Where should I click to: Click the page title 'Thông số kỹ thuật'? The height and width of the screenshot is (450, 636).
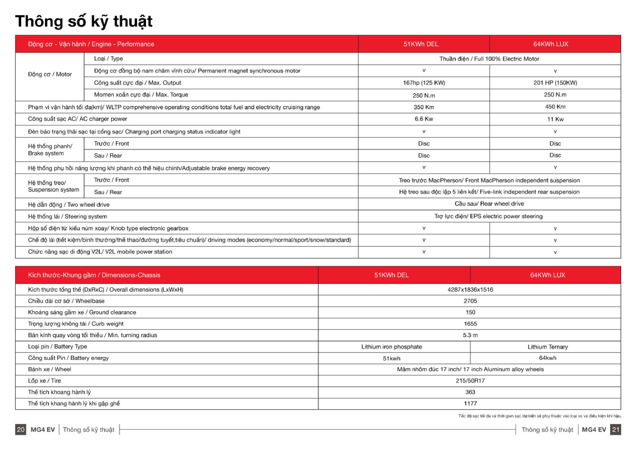84,21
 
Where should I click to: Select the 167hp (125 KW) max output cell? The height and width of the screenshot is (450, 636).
424,83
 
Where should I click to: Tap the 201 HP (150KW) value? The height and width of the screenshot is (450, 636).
555,83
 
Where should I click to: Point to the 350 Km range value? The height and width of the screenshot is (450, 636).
424,107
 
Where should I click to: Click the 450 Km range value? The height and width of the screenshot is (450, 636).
555,107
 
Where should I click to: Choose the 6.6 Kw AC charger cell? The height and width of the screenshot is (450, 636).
424,119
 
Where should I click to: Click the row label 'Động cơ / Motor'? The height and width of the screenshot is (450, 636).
50,74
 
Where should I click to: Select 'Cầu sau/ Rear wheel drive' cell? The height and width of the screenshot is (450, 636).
489,204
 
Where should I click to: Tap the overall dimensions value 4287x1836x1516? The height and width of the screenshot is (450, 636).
470,289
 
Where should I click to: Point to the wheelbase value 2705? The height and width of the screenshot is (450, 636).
470,301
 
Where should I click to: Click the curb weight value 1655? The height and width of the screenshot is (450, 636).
470,323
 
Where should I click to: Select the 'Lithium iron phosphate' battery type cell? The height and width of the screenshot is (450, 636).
391,347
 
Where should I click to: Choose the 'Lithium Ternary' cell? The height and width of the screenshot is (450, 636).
547,347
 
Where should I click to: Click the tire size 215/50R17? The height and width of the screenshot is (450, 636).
470,381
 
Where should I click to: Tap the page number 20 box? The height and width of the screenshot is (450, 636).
21,429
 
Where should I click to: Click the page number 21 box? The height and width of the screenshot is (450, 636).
615,429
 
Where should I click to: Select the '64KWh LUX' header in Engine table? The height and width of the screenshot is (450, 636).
551,44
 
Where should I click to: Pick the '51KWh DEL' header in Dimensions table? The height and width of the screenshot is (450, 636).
391,275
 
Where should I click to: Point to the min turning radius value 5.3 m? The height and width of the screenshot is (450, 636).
470,335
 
